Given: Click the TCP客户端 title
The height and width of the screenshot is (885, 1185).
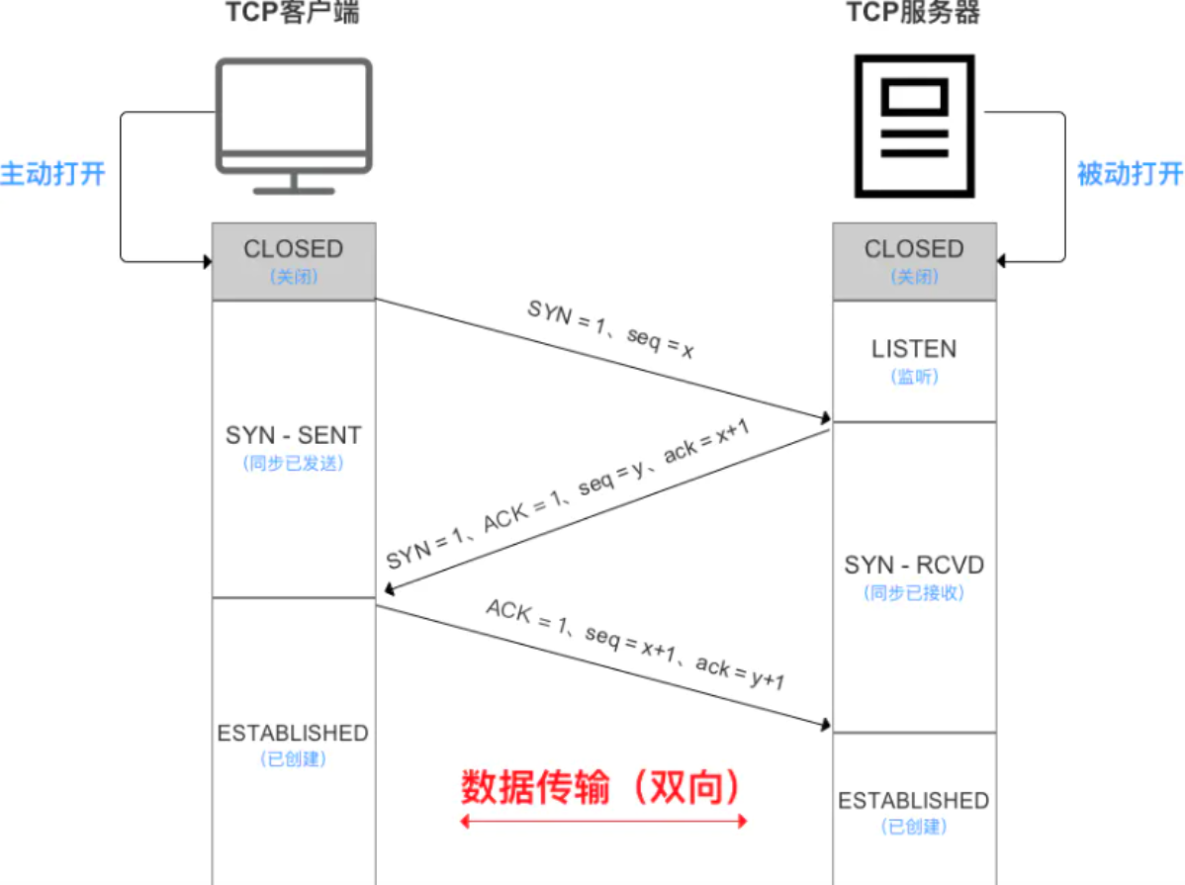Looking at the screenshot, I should (x=295, y=13).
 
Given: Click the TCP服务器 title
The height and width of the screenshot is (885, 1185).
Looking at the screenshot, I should (x=914, y=13).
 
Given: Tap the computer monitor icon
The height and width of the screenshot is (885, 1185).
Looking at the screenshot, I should (x=295, y=124).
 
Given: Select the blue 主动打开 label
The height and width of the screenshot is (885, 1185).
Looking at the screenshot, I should (x=52, y=174).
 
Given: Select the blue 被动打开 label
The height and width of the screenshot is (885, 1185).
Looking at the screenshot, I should (x=1130, y=174).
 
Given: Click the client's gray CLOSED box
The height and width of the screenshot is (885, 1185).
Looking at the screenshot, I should (x=294, y=260).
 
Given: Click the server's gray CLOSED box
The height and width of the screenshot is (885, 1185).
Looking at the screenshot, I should (x=914, y=260).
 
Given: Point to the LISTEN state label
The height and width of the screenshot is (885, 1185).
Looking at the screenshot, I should (x=914, y=349).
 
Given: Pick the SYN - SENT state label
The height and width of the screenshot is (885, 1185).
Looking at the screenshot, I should (x=294, y=435).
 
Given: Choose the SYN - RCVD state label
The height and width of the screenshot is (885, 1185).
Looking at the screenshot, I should (x=914, y=565).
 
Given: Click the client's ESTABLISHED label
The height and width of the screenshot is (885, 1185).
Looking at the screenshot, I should (x=293, y=734).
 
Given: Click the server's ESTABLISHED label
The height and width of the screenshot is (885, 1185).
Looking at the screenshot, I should (x=914, y=800).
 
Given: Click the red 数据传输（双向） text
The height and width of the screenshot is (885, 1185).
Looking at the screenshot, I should (x=600, y=787).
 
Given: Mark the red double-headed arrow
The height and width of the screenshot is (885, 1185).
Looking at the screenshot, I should (x=603, y=821).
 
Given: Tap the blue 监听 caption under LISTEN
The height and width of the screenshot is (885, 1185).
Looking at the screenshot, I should (x=914, y=377).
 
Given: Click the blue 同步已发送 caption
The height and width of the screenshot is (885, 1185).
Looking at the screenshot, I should (x=293, y=463).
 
